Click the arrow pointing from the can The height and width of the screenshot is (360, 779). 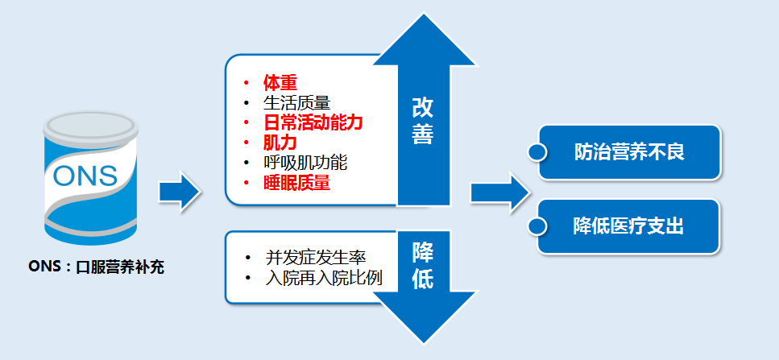point(179,192)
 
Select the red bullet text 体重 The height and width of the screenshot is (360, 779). point(280,82)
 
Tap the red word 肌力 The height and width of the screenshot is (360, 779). point(280,143)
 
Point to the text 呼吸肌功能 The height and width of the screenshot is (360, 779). point(305,163)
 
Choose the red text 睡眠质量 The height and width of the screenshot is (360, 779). point(296,183)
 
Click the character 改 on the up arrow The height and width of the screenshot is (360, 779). point(423,108)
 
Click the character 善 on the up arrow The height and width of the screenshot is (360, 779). point(423,134)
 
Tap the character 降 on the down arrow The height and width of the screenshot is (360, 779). point(423,251)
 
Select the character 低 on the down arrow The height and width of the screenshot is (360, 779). point(423,278)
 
